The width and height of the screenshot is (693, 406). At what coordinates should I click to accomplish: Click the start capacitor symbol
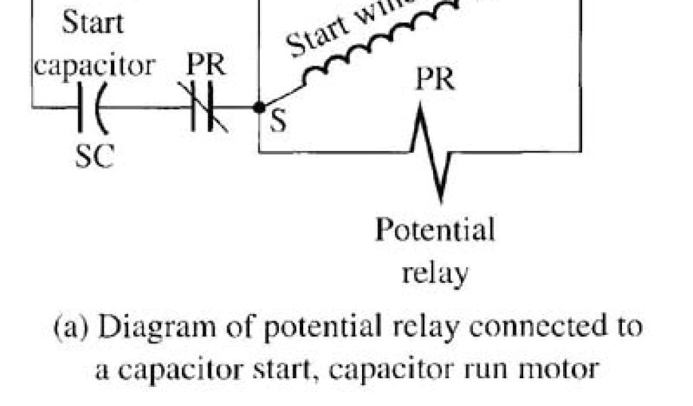point(91,107)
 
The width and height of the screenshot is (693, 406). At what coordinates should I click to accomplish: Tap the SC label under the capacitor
point(95,157)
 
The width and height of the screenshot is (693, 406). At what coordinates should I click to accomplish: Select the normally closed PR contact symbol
point(203,107)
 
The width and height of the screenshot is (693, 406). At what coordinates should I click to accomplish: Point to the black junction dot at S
point(258,107)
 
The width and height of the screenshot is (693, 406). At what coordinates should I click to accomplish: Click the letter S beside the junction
point(278,122)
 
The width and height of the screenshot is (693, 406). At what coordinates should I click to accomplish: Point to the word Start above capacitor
point(93,24)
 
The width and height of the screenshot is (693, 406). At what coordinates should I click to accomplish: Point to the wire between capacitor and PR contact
point(146,107)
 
